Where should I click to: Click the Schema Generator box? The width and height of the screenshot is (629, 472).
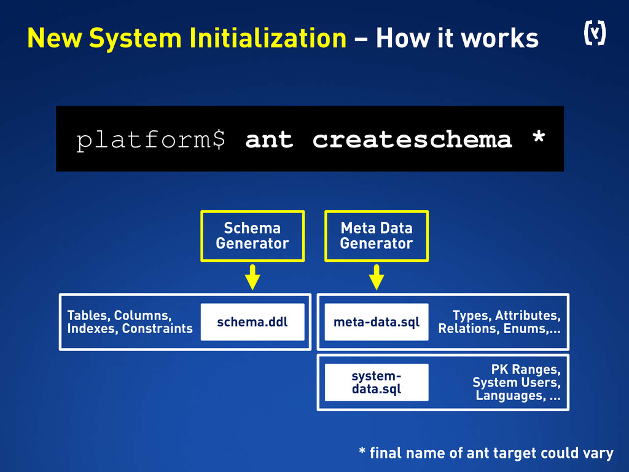(x=252, y=236)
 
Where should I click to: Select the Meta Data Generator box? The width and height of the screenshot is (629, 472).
(x=377, y=236)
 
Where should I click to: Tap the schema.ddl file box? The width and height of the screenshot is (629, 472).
(x=252, y=322)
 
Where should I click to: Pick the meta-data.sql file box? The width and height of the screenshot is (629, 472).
(x=377, y=322)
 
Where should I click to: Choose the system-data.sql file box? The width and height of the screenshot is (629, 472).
(x=377, y=382)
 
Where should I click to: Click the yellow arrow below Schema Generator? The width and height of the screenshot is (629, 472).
(x=252, y=278)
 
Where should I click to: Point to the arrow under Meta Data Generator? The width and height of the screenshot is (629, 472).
(x=377, y=278)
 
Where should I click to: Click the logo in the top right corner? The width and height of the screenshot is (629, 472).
(x=593, y=34)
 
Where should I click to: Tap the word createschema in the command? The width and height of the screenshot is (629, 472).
(x=412, y=140)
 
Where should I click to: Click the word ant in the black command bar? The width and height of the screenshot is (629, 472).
(x=269, y=140)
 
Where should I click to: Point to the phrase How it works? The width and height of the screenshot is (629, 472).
(x=457, y=39)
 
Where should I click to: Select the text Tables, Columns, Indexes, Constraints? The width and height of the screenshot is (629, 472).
(x=130, y=322)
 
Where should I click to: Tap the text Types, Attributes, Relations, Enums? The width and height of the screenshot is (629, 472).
(x=499, y=322)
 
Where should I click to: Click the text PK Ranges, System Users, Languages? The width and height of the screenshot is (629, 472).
(x=517, y=382)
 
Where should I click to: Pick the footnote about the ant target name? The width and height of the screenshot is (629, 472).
(x=486, y=454)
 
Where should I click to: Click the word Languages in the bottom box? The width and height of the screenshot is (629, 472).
(x=510, y=395)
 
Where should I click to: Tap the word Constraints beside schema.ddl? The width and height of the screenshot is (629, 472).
(x=157, y=329)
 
